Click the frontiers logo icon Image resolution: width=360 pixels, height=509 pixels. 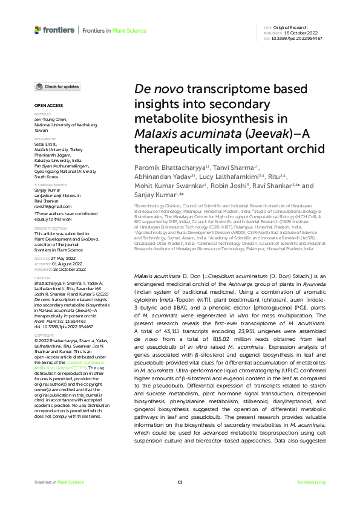click(x=38, y=29)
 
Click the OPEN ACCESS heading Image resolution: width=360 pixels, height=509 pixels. click(x=46, y=105)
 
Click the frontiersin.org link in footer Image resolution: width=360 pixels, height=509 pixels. click(x=312, y=482)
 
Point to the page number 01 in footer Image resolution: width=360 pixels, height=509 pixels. click(x=180, y=482)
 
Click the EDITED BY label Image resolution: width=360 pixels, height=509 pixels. click(x=42, y=114)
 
